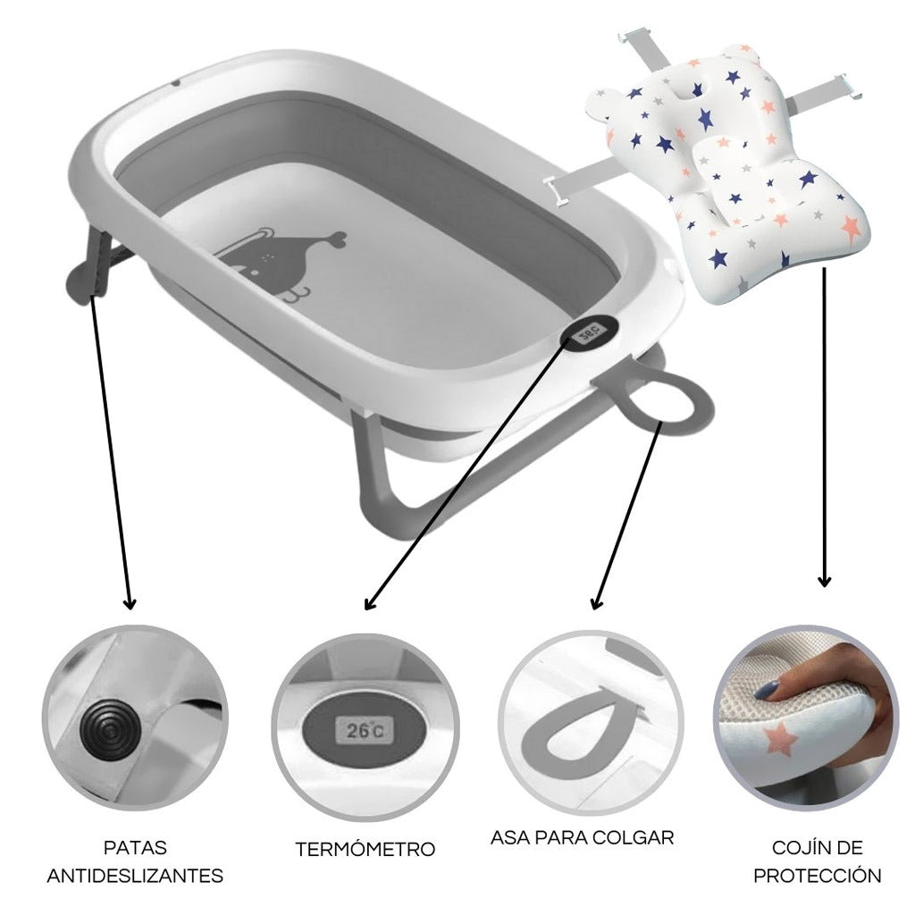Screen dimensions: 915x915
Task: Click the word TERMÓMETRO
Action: coord(365,849)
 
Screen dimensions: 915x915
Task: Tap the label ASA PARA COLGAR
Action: coord(582,837)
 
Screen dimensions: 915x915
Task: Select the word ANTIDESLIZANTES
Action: coord(136,876)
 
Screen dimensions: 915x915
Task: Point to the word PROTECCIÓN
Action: coord(817,876)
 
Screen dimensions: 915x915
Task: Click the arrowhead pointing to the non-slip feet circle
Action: coord(130,602)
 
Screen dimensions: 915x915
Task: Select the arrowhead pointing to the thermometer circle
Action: coord(369,603)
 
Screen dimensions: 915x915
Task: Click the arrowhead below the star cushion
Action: coord(824,580)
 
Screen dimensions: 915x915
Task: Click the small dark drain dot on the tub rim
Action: coord(175,83)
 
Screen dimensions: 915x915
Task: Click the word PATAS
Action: coord(136,847)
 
